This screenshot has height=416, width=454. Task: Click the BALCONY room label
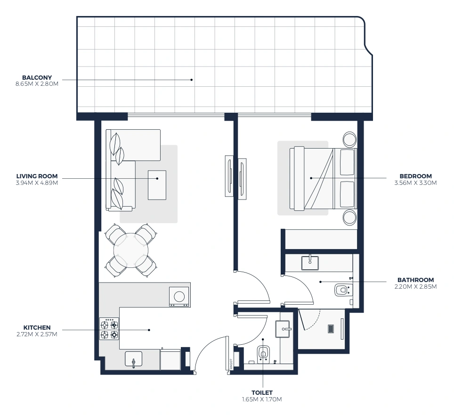coord(37,77)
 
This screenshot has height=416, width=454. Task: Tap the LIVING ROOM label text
coord(37,176)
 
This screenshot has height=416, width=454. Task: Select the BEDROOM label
coord(415,176)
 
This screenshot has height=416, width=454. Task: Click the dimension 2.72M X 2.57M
coord(37,334)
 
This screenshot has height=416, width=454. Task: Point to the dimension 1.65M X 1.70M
coord(262,399)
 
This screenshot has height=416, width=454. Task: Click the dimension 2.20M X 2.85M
coord(415,286)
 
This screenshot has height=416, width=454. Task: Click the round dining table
coord(131,250)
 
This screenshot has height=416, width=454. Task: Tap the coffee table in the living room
coord(157,185)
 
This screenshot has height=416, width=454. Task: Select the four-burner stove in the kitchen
coord(109,329)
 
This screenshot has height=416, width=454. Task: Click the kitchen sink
coord(133,359)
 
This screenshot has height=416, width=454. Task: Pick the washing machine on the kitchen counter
coord(179,297)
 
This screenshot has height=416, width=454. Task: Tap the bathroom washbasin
coord(310,263)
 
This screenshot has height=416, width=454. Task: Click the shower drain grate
coord(331,329)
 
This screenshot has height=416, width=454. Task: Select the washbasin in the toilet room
coord(283,329)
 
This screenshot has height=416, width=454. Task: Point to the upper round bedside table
coord(349,139)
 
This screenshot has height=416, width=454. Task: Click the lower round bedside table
coord(349,217)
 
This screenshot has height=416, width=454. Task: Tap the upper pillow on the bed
coord(347,162)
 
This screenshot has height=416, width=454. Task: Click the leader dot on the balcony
coord(191,80)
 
